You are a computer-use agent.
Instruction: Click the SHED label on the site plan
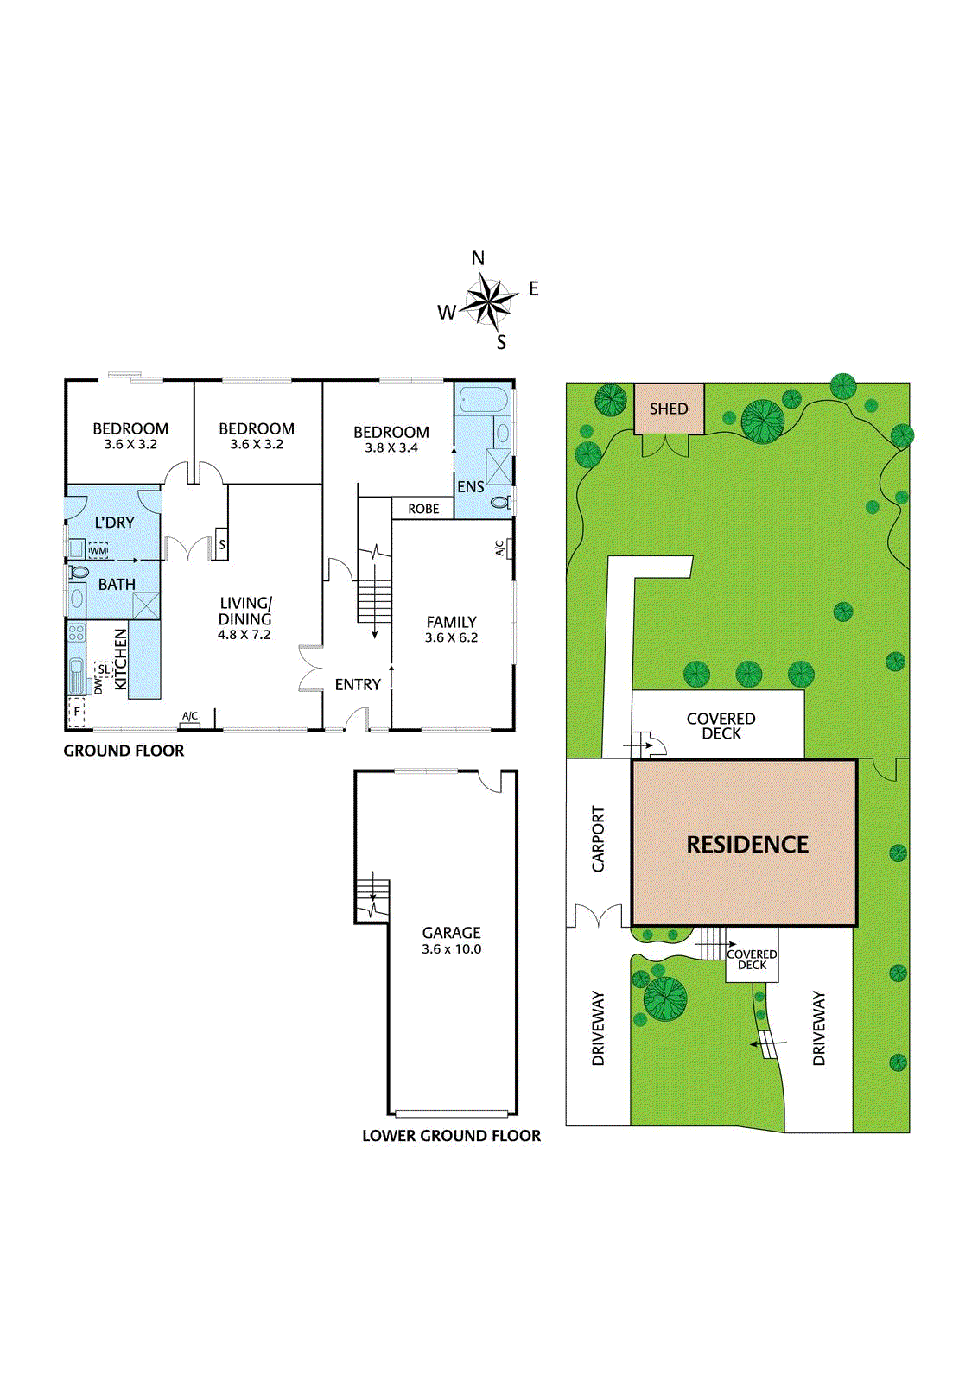(669, 409)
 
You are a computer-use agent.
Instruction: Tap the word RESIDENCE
(747, 845)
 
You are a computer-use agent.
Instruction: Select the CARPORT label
(598, 840)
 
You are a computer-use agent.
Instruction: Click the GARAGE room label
(451, 933)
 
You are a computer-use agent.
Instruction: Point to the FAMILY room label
(451, 622)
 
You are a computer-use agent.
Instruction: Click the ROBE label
(423, 509)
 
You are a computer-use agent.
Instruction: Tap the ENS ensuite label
(471, 487)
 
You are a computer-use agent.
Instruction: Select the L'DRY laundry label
(114, 523)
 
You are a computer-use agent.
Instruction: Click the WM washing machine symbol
(98, 550)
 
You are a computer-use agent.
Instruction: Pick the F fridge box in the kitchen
(77, 713)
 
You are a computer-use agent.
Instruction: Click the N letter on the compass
(478, 258)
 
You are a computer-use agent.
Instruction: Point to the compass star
(488, 302)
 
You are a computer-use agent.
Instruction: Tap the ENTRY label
(358, 685)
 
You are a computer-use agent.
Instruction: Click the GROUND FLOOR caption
(124, 751)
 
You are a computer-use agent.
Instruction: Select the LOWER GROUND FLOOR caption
(451, 1136)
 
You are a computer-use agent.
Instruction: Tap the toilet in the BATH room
(79, 572)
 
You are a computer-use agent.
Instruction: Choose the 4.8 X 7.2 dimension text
(244, 635)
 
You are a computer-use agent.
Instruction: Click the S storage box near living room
(222, 545)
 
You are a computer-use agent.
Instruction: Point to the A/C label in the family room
(500, 548)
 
